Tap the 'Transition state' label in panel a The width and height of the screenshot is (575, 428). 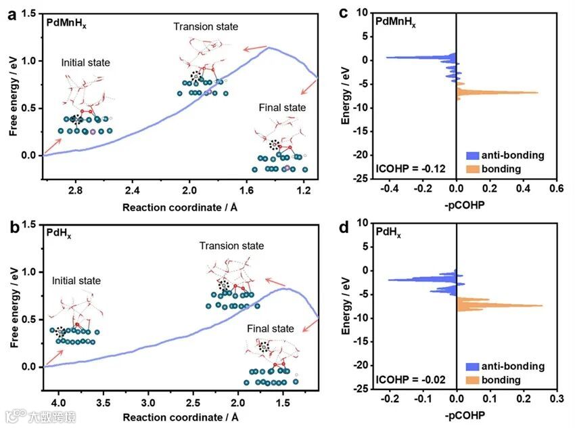[206, 26]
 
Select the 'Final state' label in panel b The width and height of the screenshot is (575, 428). [271, 328]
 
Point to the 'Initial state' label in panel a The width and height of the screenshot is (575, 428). [85, 63]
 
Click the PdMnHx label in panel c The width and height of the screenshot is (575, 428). [396, 22]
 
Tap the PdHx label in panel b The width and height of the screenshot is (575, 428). [58, 234]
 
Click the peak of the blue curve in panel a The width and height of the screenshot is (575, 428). [270, 47]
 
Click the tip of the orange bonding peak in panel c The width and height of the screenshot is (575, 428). [538, 92]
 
